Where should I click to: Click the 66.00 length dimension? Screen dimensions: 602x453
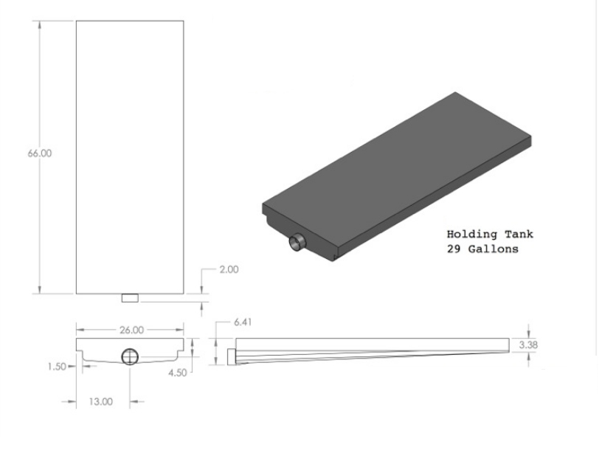coord(40,153)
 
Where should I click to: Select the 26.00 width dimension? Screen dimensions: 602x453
coord(131,330)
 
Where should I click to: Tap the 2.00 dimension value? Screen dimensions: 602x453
coord(229,269)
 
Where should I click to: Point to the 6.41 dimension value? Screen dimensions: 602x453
coord(243,322)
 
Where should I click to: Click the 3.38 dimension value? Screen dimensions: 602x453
coord(528,345)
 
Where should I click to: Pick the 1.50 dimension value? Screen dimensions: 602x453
coord(57,367)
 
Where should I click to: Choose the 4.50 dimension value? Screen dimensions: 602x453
coord(177,373)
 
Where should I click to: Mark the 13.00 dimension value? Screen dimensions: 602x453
coord(100,401)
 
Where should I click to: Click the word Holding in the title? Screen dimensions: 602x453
coord(472,234)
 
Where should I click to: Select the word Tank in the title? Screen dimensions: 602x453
coord(519,234)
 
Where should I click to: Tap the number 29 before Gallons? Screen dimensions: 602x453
coord(454,249)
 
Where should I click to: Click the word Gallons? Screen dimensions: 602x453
coord(494,249)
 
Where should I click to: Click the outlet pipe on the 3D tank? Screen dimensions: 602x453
coord(297,243)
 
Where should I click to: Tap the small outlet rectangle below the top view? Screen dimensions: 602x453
coord(130,298)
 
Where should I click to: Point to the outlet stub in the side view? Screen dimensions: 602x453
coord(232,356)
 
